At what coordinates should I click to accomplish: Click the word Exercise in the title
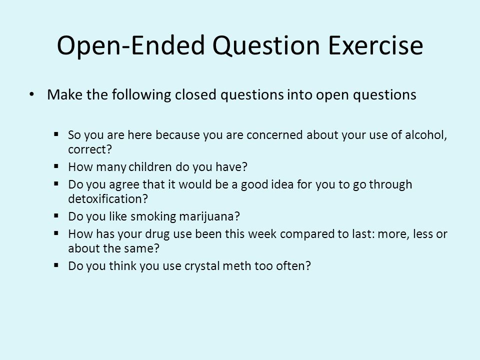(375, 45)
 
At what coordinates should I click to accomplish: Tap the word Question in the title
(266, 46)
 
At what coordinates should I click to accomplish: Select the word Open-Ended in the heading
(130, 46)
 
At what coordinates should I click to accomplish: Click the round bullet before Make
(31, 94)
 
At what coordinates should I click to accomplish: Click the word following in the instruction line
(141, 95)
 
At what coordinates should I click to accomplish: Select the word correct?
(90, 149)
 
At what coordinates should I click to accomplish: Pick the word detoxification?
(108, 199)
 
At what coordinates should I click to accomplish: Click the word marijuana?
(209, 216)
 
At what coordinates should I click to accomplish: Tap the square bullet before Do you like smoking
(56, 216)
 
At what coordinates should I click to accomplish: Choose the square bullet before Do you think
(56, 265)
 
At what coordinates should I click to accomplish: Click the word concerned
(274, 135)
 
